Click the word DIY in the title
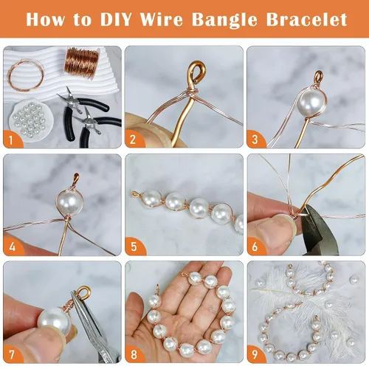coord(116,19)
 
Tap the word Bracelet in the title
coord(306,19)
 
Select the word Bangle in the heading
coord(224,20)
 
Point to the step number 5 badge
coord(134,246)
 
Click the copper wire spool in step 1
coord(82,63)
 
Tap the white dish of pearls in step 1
coord(30,119)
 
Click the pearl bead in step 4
coord(70,201)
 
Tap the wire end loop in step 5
coord(136,194)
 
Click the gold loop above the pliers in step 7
coord(83,292)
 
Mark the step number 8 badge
coord(134,354)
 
